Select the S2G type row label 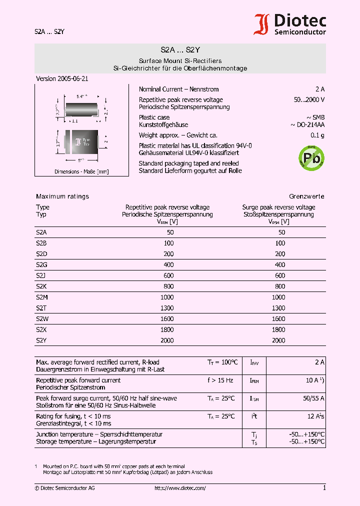point(41,264)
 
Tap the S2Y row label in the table point(41,340)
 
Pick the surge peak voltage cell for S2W point(279,319)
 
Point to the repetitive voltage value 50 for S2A point(170,232)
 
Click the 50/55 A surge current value point(313,398)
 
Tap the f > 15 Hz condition point(220,380)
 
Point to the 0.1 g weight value point(317,135)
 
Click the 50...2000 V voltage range point(309,100)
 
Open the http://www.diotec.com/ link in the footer point(180,488)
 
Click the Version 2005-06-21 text point(62,79)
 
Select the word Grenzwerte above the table point(306,196)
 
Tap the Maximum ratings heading point(62,196)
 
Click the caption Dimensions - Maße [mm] point(81,172)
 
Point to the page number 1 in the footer point(324,488)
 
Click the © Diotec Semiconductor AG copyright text point(64,488)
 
